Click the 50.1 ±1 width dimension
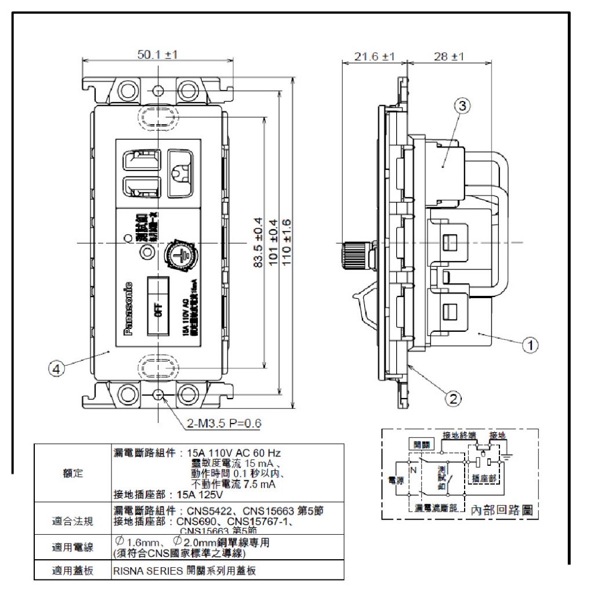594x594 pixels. pos(157,54)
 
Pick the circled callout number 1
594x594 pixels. pos(528,344)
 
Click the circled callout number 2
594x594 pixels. pos(454,397)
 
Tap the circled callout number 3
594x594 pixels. pos(462,106)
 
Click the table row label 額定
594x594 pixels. pos(73,473)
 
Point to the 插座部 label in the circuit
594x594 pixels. pos(484,479)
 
